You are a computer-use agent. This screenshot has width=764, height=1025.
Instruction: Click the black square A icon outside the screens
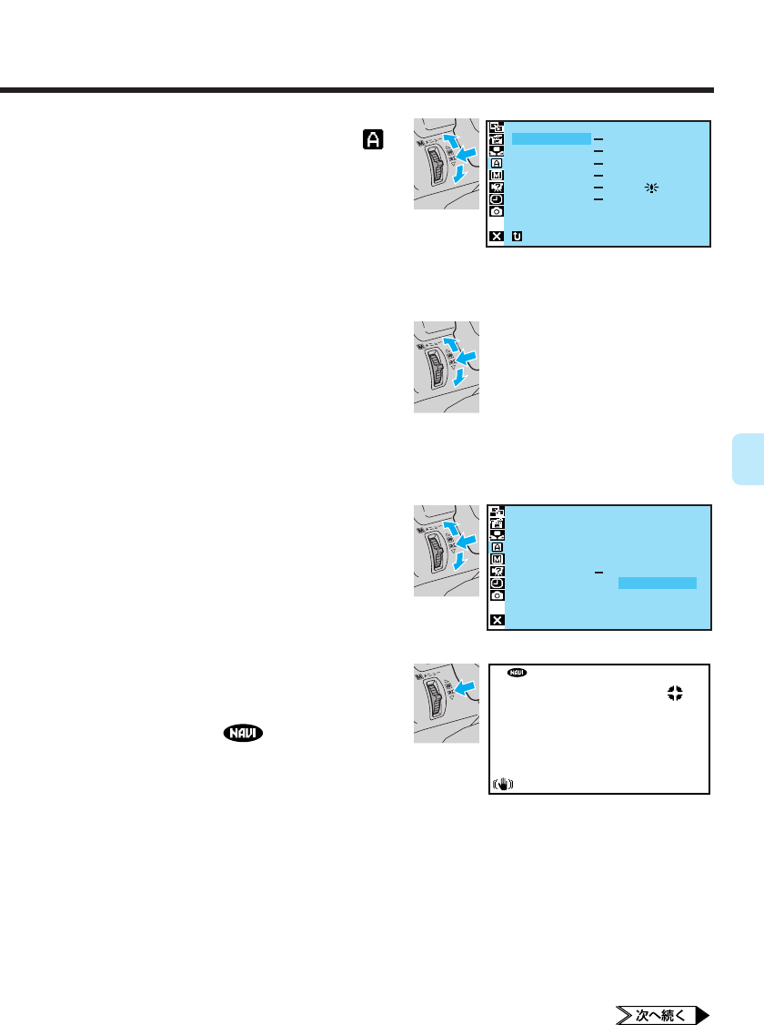(374, 138)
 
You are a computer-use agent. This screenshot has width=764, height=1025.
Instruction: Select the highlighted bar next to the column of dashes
(551, 138)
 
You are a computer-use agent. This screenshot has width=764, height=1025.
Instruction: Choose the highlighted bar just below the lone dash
(657, 584)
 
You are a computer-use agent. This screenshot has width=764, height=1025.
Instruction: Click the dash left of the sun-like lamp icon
(598, 186)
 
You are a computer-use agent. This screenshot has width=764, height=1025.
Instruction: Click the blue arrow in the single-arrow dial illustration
(465, 688)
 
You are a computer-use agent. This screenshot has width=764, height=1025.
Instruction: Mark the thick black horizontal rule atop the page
(357, 90)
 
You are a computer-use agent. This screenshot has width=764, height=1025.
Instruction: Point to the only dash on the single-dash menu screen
(598, 573)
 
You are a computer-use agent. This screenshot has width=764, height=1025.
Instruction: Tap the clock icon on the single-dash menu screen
(497, 583)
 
